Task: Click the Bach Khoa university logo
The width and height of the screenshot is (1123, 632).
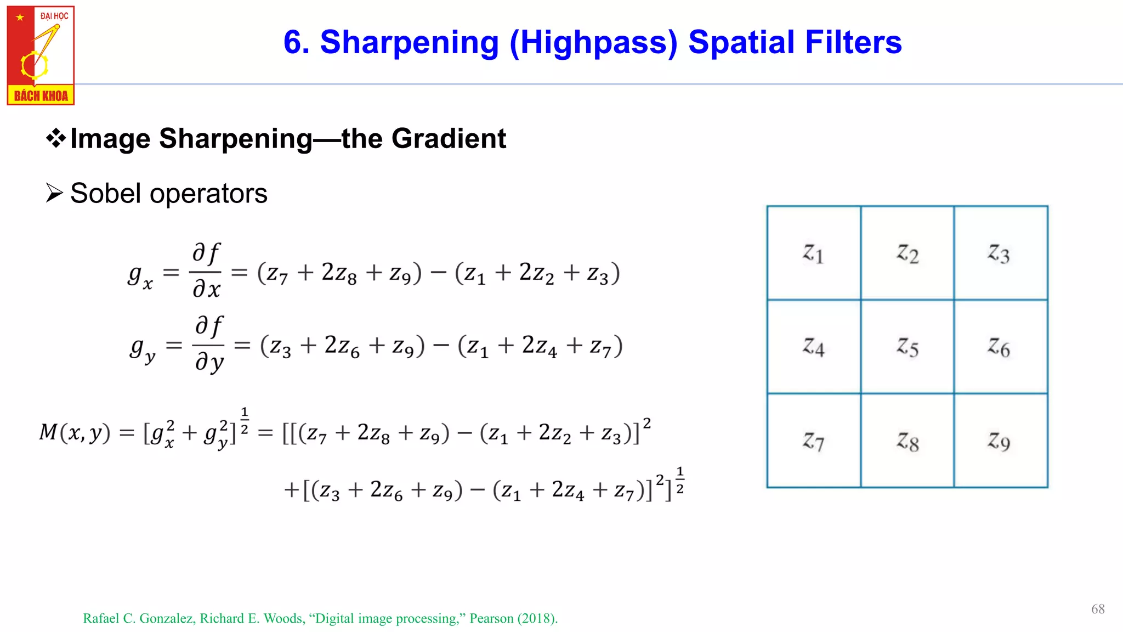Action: click(41, 55)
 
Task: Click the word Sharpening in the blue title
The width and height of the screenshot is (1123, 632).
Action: click(409, 42)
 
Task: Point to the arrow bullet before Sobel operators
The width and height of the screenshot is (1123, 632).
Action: click(54, 193)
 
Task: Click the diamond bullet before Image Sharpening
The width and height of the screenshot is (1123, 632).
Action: click(55, 138)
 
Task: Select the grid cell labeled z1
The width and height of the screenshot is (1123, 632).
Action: click(814, 253)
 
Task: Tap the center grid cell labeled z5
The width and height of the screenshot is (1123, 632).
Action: click(908, 347)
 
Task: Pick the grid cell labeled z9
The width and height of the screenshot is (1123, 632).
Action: click(1000, 441)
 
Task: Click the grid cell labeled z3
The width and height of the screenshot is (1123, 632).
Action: click(1000, 253)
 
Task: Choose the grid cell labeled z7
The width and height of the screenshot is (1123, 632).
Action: click(814, 441)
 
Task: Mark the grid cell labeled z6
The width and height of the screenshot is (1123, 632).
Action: click(1000, 347)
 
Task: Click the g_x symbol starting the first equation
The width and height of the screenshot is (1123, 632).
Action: click(140, 275)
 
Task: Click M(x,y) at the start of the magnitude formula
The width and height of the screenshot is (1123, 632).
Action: click(75, 433)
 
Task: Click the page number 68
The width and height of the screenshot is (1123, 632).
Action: click(1098, 609)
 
